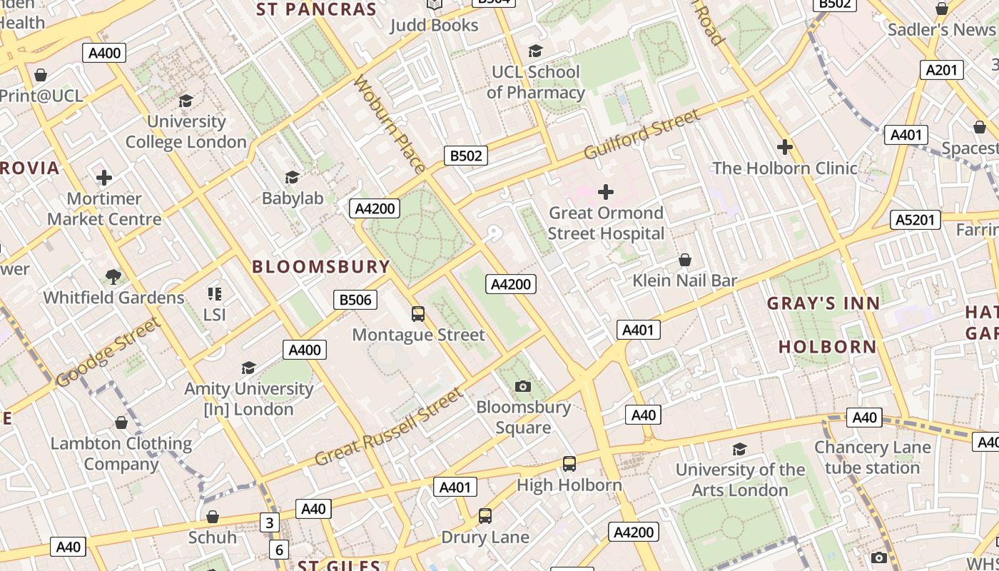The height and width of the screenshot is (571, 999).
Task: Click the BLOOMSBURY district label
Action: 321,267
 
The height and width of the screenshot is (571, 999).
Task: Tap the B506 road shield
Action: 355,300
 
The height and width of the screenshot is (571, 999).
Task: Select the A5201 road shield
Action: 916,220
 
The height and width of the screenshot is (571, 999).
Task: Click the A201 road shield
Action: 942,70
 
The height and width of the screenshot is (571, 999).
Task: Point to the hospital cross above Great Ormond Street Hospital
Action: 606,192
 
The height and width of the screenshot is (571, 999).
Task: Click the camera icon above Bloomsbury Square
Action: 523,386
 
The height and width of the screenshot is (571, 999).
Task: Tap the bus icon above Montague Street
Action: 418,313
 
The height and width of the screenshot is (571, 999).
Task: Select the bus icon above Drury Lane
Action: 485,515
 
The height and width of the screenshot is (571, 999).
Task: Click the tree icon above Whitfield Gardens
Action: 113,276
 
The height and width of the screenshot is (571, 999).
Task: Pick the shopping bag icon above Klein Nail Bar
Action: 685,260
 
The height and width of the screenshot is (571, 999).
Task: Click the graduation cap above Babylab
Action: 292,177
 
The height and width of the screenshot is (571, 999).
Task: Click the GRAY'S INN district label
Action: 823,303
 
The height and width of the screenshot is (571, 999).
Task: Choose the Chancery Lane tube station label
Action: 873,458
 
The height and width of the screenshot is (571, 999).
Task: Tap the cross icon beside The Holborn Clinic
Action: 785,147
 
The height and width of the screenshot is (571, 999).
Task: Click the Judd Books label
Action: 434,25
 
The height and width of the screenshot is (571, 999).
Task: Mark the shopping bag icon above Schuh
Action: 212,517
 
